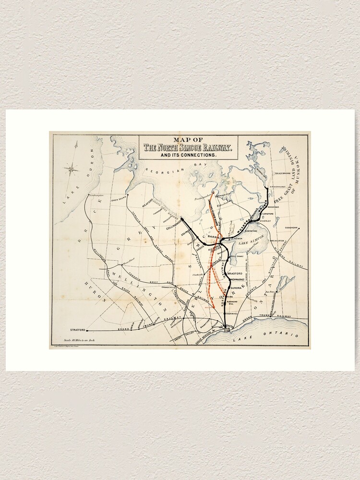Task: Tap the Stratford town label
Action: pos(78,330)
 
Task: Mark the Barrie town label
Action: pos(214,237)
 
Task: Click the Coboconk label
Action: pos(291,228)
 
